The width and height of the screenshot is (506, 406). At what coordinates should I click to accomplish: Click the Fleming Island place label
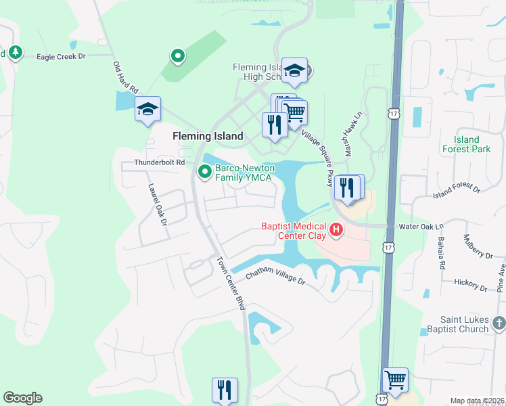(208, 136)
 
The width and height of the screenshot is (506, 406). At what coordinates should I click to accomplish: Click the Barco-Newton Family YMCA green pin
(204, 173)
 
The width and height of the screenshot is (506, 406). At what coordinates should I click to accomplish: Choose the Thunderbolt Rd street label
(160, 162)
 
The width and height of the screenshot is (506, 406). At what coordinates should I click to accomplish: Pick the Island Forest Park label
(461, 144)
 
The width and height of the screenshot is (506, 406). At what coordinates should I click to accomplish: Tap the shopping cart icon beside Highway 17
(396, 379)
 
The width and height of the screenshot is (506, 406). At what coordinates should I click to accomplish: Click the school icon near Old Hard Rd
(148, 109)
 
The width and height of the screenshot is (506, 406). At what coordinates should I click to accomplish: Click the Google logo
(22, 398)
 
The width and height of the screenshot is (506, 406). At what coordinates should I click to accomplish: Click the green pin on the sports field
(177, 56)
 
